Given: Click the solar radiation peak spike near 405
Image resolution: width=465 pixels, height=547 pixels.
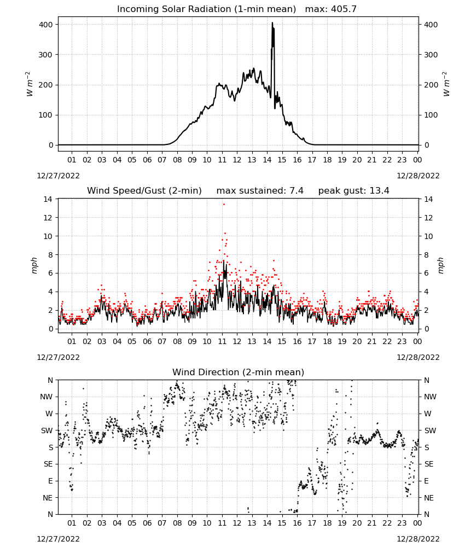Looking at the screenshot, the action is pos(272,23).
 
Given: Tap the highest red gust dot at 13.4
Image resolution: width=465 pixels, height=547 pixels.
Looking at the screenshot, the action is pos(224,205).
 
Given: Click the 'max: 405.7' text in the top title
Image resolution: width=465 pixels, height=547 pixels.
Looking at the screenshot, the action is pos(331,9).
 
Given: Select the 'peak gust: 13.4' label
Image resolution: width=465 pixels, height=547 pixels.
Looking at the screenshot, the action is pos(354,191).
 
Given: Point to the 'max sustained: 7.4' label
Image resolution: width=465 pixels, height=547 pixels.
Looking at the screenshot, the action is pos(260,191).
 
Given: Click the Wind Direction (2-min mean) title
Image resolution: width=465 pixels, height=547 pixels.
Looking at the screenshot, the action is pos(239,372).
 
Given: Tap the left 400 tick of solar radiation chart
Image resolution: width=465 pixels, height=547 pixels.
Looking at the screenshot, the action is pos(46,25).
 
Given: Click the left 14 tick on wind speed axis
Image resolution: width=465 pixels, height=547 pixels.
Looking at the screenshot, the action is pos(48,199).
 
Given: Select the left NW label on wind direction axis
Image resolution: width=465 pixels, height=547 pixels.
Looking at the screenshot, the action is pos(47,397).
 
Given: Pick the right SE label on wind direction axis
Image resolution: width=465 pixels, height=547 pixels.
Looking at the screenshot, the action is pos(429,464).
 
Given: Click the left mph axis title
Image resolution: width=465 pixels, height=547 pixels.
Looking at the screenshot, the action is pos(34,265).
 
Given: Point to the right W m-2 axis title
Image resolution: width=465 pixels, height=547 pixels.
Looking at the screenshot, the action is pos(446,84).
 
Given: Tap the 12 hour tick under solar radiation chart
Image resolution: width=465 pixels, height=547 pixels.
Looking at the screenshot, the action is pos(237,160).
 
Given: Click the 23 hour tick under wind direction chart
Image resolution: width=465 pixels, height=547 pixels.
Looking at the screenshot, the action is pos(402,523).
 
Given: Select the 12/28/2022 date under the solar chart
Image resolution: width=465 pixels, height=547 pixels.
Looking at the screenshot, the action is pos(418,176).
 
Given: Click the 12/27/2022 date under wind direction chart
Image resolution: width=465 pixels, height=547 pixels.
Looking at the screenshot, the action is pos(58,539).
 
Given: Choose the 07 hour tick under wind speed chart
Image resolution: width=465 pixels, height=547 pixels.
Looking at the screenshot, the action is pos(162,341).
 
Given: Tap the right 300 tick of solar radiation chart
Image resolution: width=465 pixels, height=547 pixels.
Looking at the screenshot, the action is pos(431,55).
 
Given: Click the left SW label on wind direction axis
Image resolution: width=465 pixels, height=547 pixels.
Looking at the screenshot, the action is pos(47,430).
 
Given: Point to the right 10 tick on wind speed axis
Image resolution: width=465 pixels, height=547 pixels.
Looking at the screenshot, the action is pos(428,236).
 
